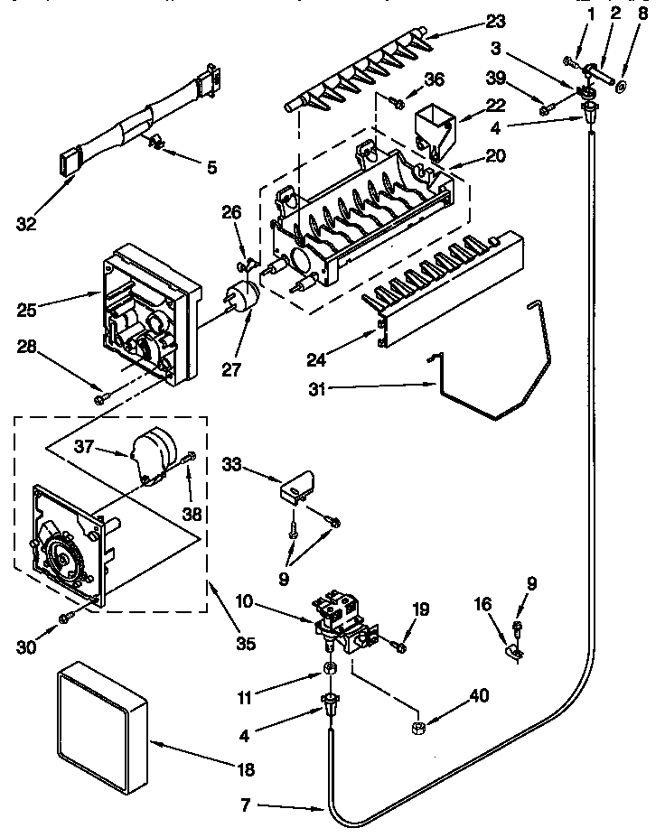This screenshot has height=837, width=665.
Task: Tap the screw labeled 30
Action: click(x=66, y=617)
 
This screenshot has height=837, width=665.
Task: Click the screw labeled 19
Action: click(x=398, y=644)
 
